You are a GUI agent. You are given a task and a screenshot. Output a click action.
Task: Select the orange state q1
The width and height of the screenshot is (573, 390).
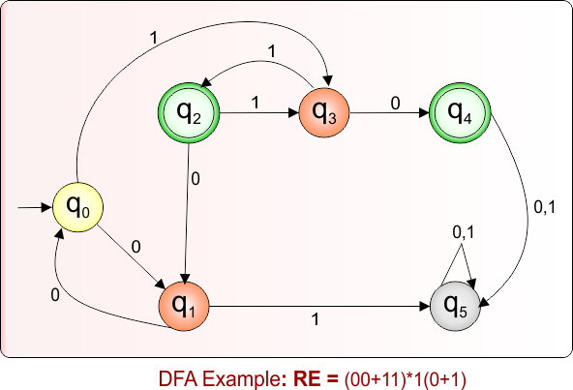[184, 306]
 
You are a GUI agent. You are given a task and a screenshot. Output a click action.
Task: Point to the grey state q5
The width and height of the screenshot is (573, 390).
[454, 306]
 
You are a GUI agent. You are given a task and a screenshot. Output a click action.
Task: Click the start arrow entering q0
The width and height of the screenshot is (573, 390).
[34, 207]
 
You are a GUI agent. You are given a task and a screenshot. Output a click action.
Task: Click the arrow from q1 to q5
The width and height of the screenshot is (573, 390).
[318, 307]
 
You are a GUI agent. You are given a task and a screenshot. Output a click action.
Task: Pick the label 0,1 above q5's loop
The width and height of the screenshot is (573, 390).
[464, 232]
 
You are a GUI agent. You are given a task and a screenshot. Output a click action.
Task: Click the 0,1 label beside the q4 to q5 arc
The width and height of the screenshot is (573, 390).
[546, 204]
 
